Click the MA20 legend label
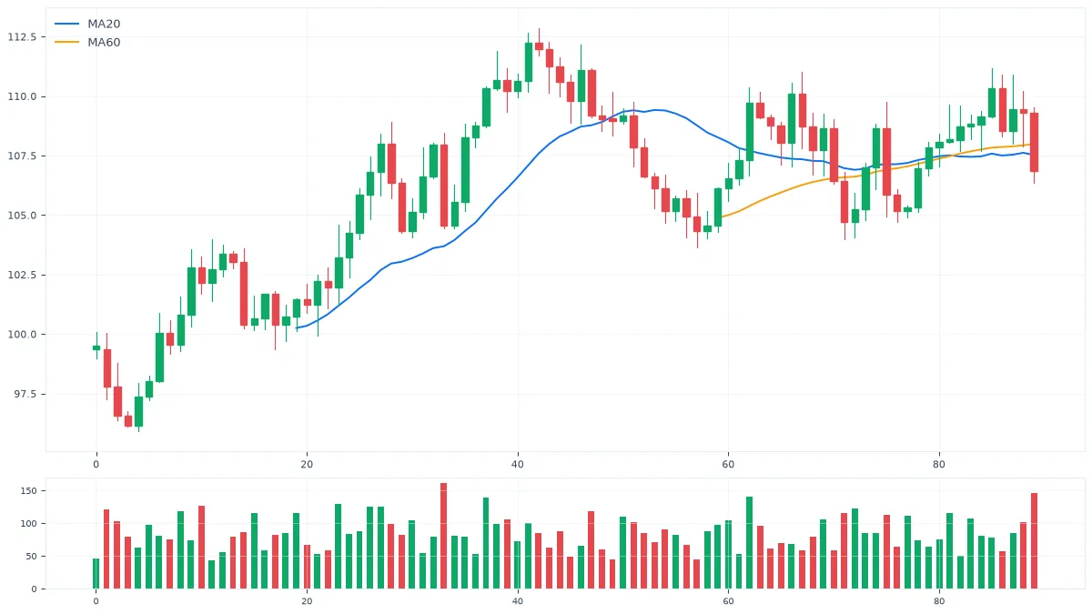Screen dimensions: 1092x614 coord(104,24)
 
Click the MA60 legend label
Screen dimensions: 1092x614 coord(104,43)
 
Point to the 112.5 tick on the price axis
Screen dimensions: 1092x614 coord(22,37)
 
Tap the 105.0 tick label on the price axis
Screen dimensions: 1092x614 coord(22,216)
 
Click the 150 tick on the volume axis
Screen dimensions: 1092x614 coord(28,490)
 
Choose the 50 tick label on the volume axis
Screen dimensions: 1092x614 coord(31,556)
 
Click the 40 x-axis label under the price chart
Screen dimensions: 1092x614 coord(517,465)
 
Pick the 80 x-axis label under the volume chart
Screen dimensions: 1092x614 coord(939,601)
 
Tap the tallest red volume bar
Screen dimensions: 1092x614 coord(444,536)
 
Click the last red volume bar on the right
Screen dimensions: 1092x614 coord(1034,541)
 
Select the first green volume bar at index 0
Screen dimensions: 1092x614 coord(96,574)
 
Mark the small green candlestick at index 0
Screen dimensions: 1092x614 coord(96,347)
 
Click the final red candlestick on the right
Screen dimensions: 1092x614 coord(1034,142)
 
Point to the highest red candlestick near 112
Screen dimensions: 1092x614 coord(539,46)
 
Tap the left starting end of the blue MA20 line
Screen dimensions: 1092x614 coord(297,327)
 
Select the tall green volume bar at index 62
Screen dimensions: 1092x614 coord(749,543)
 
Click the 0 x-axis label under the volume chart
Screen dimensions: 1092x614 coord(96,601)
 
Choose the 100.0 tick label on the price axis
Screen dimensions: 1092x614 coord(22,335)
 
